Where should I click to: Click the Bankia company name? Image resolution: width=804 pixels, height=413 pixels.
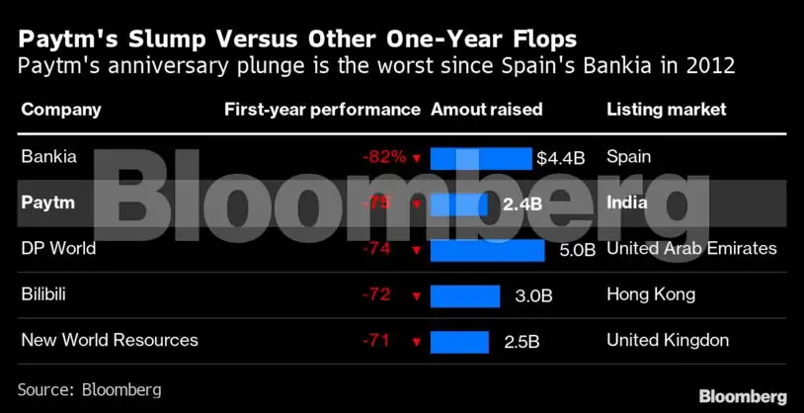pos(48,157)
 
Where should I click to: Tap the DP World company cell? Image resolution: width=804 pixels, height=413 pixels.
pos(58,248)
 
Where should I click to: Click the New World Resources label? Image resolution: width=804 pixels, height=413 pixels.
pos(110,340)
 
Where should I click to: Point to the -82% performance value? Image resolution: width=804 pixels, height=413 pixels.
pos(383,157)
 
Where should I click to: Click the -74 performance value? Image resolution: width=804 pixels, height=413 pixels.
pos(376,249)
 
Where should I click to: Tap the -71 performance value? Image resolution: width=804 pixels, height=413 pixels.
pos(376,341)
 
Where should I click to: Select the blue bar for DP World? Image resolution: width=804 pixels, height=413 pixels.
pos(488,249)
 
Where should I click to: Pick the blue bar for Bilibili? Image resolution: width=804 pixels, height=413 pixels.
pos(464,295)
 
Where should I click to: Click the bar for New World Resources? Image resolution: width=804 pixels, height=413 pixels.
pos(459,342)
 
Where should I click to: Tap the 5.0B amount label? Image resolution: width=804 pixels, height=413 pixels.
pos(577,250)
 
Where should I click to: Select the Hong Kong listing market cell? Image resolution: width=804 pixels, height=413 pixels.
pos(651,294)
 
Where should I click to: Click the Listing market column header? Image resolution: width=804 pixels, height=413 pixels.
pos(666,110)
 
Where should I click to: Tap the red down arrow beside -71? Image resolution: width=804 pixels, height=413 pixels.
pos(417,342)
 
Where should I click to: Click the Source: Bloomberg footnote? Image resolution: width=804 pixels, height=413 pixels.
pos(89,389)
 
